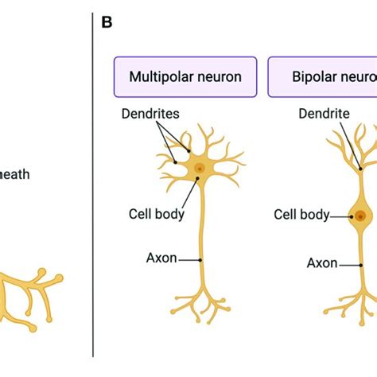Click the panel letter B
107,21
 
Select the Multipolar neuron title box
185,77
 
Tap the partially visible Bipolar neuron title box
322,77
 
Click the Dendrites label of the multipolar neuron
150,115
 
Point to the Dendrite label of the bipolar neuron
325,115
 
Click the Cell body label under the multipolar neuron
157,213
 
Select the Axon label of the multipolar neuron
161,258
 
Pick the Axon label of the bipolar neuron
321,262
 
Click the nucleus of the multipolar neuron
200,168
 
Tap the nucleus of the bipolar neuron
361,216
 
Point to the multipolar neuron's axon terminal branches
201,302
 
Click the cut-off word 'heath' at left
15,174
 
